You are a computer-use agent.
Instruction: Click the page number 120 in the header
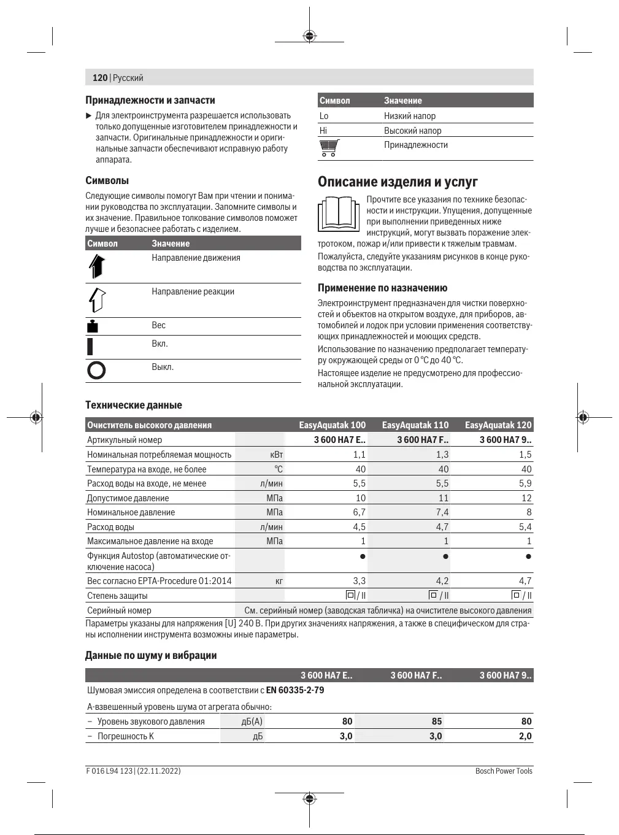(x=99, y=78)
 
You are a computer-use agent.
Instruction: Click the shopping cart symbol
(x=329, y=148)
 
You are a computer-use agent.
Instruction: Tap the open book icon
(x=338, y=214)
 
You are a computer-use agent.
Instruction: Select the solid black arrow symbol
(x=96, y=266)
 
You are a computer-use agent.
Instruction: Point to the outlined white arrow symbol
(x=97, y=299)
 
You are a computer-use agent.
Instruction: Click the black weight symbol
(x=92, y=326)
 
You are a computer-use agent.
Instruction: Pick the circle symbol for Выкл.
(x=96, y=370)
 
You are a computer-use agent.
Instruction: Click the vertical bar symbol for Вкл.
(x=90, y=346)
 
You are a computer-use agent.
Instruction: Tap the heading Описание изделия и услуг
(x=398, y=182)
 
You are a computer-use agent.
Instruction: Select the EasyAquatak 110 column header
(x=415, y=425)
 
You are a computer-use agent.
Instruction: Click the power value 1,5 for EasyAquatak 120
(x=525, y=455)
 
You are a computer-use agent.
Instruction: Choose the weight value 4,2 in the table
(x=442, y=581)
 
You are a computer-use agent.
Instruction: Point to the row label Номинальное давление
(x=131, y=512)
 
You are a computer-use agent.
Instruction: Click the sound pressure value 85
(x=436, y=721)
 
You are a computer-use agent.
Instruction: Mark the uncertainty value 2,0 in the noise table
(x=525, y=736)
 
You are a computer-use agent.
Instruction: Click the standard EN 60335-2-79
(x=295, y=690)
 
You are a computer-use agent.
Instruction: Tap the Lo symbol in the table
(x=324, y=116)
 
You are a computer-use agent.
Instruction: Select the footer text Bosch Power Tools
(x=504, y=771)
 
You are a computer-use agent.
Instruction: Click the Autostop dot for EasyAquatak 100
(x=363, y=556)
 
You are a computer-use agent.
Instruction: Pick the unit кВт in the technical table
(x=277, y=455)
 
